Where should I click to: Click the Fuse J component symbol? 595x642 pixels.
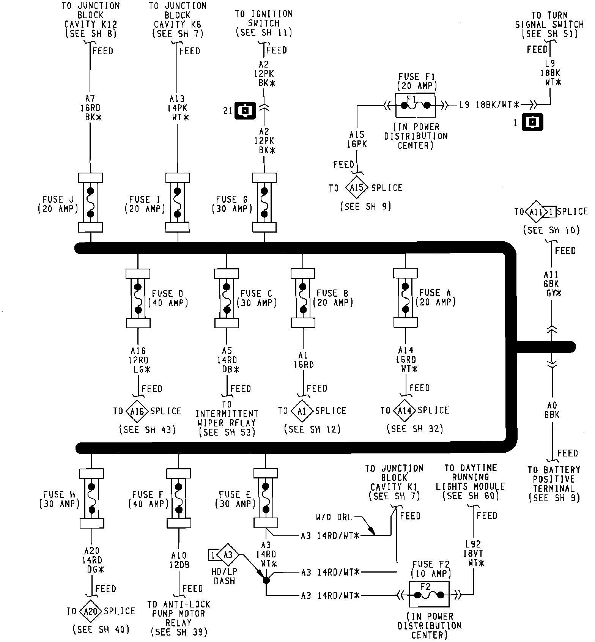tap(90, 203)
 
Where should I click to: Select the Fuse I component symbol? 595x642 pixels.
tap(177, 203)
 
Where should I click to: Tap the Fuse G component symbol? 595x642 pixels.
tap(264, 203)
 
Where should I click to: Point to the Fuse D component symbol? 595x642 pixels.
tap(138, 298)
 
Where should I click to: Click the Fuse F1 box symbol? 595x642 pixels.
tap(415, 105)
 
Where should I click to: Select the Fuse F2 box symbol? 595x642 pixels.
tap(428, 595)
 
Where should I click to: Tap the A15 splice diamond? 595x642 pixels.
tap(357, 187)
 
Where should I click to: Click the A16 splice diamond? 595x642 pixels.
tap(137, 411)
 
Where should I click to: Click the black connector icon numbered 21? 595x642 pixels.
tap(246, 111)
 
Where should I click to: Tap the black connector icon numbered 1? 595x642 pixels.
tap(532, 123)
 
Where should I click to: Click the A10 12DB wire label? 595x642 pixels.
tap(179, 560)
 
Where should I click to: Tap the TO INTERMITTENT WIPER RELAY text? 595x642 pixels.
tap(227, 418)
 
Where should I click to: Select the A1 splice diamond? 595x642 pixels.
tap(302, 411)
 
